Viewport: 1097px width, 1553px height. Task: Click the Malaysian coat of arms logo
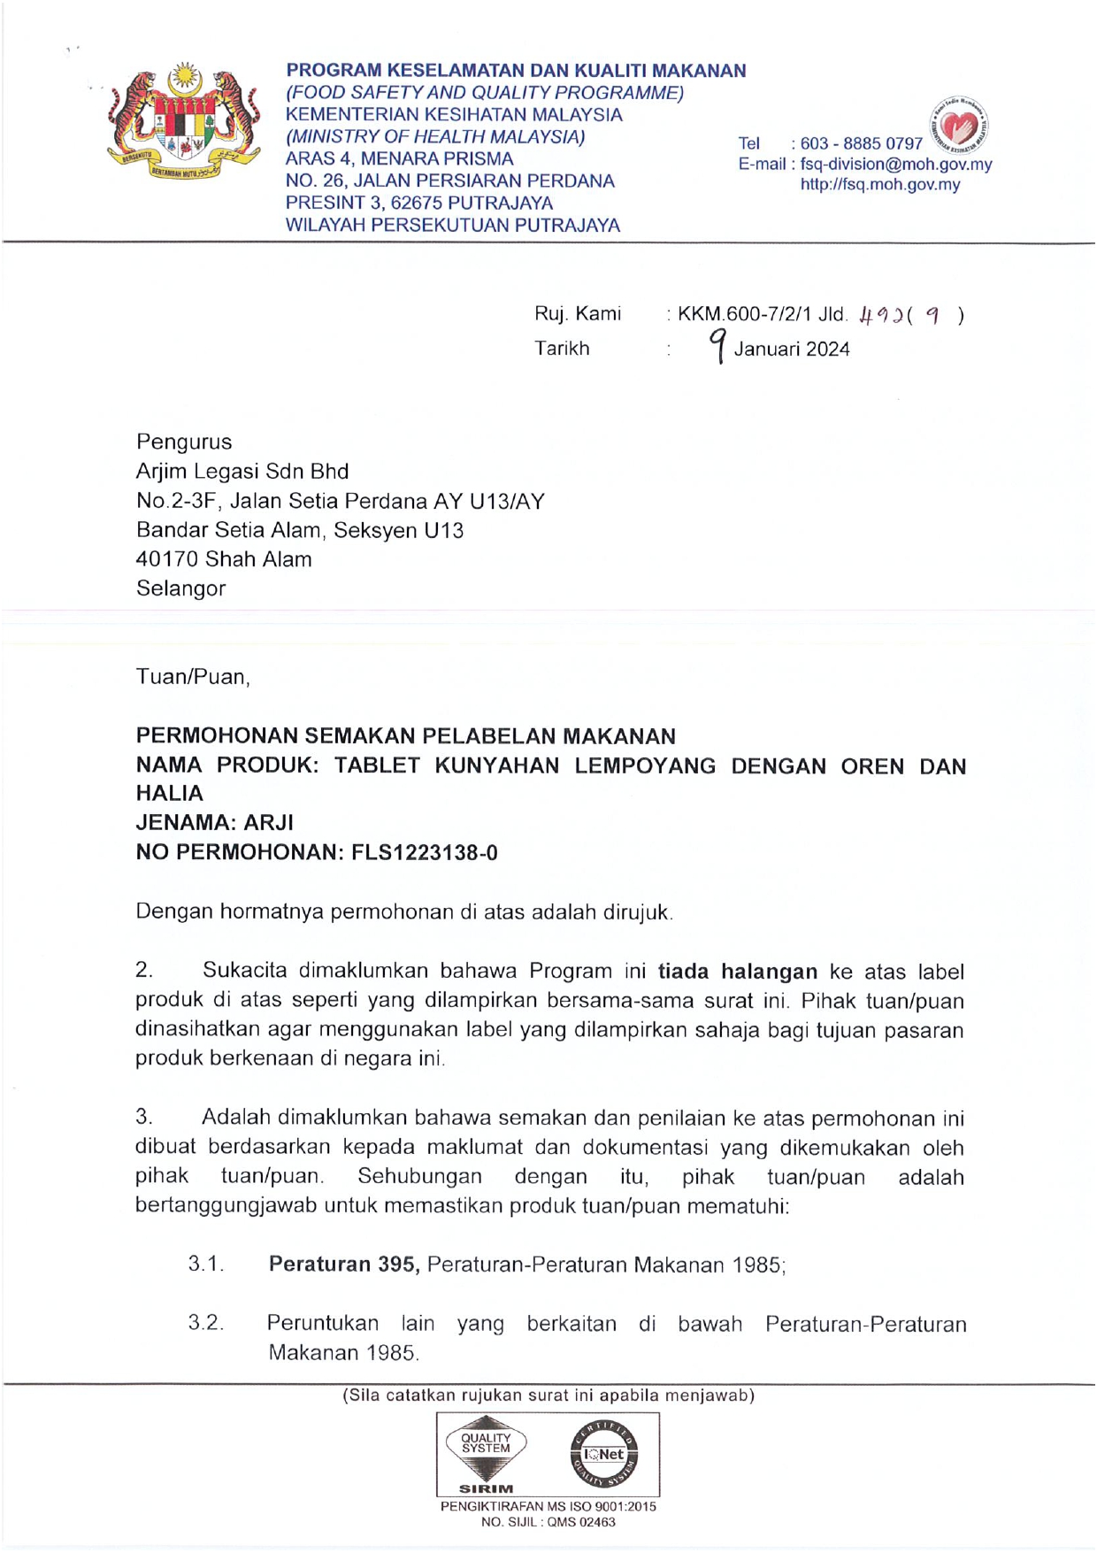(183, 121)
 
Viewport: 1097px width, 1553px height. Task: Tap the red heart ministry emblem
(960, 126)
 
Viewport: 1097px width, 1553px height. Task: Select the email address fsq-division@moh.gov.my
(895, 165)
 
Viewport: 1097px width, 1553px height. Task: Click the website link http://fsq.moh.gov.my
(879, 185)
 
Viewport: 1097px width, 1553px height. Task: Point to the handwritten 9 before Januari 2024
(718, 345)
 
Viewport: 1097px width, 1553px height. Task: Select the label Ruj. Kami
(577, 314)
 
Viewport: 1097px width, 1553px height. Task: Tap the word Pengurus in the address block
(184, 442)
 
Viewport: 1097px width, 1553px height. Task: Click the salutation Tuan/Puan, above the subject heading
(193, 677)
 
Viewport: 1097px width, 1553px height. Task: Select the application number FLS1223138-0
(424, 853)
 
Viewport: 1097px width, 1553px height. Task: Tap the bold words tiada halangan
(737, 972)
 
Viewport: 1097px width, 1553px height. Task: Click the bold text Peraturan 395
(343, 1265)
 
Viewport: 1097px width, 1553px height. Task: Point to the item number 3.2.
(206, 1323)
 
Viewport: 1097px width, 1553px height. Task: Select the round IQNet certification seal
(604, 1454)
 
